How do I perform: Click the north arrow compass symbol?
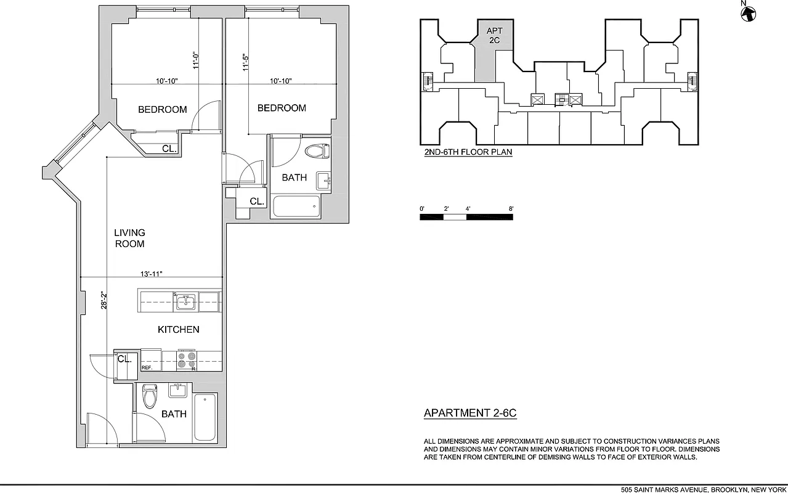coord(748,13)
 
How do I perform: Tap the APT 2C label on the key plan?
coord(494,35)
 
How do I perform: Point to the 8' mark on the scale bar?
coord(511,209)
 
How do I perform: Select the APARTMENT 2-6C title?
coord(470,414)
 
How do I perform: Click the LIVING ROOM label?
coord(129,238)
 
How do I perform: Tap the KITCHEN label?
coord(178,330)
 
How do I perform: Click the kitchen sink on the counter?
coord(185,302)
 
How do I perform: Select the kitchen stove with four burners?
coord(187,360)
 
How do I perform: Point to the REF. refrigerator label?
coord(147,367)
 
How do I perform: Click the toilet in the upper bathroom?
coord(318,151)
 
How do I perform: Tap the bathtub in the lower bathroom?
coord(205,417)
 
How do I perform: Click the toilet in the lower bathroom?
coord(149,397)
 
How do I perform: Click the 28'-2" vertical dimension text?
coord(105,300)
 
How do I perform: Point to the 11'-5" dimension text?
coord(245,62)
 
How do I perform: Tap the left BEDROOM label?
coord(162,110)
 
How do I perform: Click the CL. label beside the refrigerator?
coord(124,359)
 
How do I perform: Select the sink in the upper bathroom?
coord(323,181)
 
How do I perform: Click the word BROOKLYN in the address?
coord(729,489)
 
